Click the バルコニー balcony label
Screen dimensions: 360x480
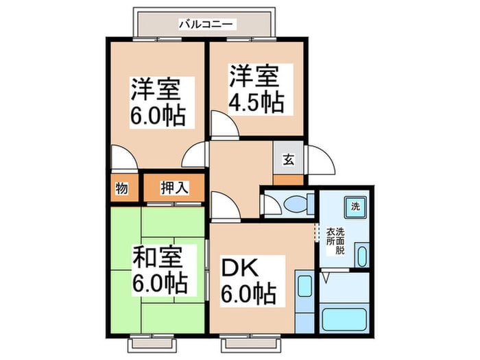pos(206,25)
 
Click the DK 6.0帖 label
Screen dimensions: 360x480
pos(248,280)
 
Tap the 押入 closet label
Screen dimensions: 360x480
pos(174,187)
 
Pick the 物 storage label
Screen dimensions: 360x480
pos(121,187)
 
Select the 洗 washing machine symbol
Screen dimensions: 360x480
pos(355,206)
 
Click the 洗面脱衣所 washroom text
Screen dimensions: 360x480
pos(335,241)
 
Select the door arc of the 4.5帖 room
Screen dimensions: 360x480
pos(221,125)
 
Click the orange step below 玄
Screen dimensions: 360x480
pos(288,180)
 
